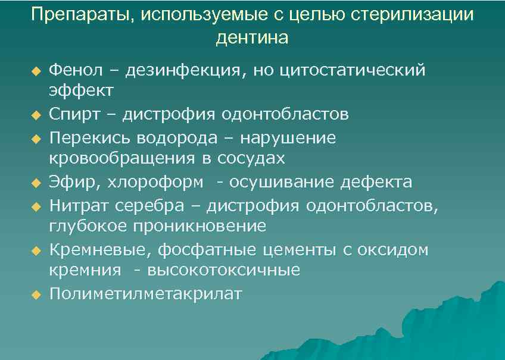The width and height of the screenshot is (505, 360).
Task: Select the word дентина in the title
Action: point(253,38)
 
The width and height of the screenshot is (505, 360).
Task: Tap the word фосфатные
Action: point(191,250)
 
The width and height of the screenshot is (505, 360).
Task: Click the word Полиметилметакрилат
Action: point(146,294)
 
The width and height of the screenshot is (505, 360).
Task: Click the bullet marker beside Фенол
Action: point(35,71)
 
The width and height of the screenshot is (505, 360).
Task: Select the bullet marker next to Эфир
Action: point(35,182)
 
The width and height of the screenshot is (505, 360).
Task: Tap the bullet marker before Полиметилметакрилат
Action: point(35,294)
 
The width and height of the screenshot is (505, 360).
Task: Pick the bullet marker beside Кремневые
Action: point(35,250)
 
